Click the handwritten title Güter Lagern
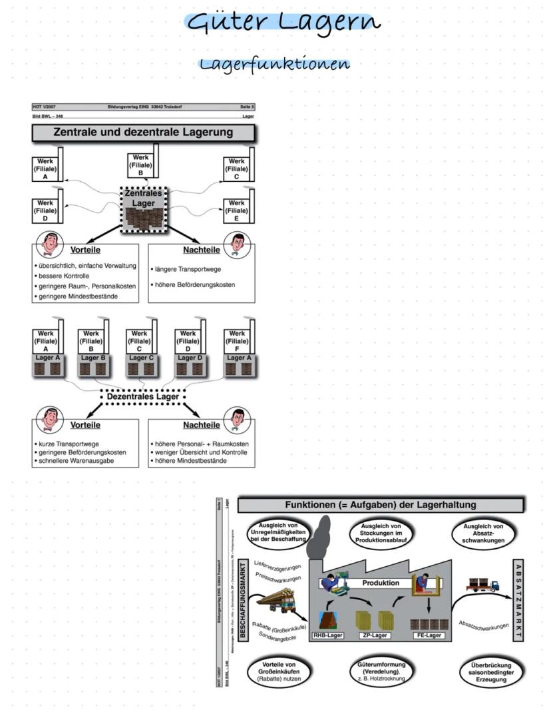point(284,22)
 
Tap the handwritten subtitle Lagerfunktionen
point(275,65)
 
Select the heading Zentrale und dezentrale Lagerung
point(143,132)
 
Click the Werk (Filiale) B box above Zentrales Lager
point(140,165)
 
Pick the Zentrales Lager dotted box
point(143,209)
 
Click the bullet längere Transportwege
point(188,269)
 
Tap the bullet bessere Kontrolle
point(65,275)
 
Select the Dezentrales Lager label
point(143,397)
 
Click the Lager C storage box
point(140,365)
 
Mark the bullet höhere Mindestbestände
point(190,460)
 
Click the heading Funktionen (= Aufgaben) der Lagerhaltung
point(381,505)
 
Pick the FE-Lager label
point(428,635)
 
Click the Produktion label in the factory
point(381,583)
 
